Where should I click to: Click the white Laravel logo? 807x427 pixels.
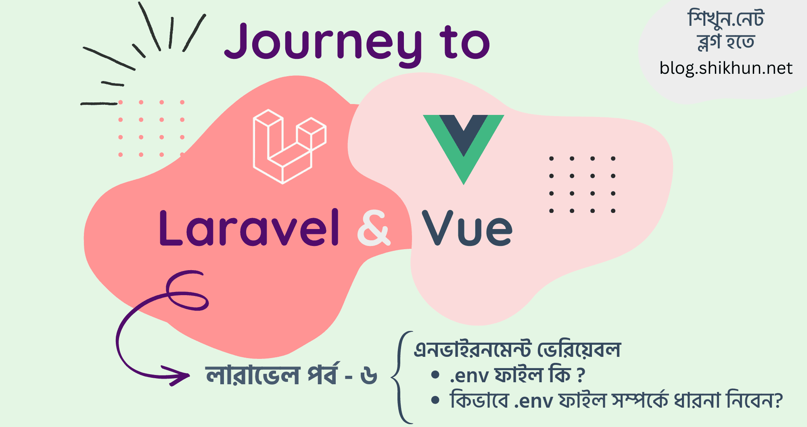coord(290,146)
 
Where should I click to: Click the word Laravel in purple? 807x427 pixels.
coord(249,228)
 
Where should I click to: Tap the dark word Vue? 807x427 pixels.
coord(467,228)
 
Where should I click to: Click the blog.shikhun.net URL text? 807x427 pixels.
coord(726,68)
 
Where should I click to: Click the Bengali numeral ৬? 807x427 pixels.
coord(369,376)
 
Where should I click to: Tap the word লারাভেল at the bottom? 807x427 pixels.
coord(253,375)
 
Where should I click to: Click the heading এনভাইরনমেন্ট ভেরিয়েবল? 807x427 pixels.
coord(517,349)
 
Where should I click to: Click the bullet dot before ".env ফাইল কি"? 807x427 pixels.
coord(435,375)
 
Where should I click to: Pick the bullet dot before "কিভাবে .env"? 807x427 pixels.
coord(435,400)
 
